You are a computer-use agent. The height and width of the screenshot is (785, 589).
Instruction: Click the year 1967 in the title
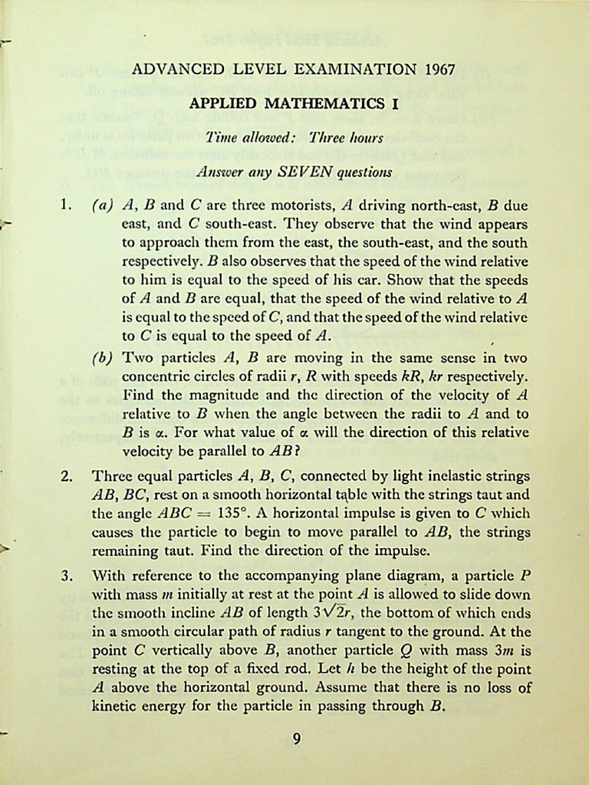tap(439, 70)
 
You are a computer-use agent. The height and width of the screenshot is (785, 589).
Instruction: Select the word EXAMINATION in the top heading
tap(355, 70)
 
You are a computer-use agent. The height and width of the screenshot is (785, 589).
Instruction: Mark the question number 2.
tap(66, 476)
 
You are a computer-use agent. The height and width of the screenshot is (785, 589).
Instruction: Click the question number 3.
tap(66, 574)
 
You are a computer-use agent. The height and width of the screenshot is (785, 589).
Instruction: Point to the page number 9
tap(297, 739)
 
